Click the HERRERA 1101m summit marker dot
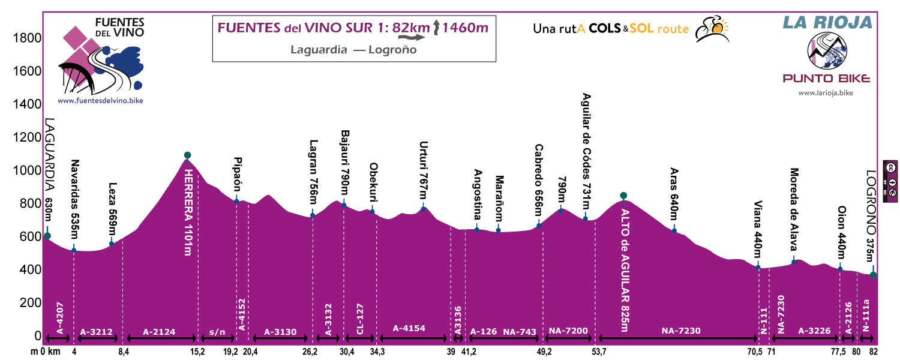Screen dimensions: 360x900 pyautogui.click(x=187, y=155)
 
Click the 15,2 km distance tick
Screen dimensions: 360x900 pyautogui.click(x=198, y=352)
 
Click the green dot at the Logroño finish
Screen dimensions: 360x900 pyautogui.click(x=874, y=275)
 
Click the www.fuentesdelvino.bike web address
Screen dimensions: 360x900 pyautogui.click(x=100, y=101)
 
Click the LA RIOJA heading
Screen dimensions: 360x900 pyautogui.click(x=827, y=23)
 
